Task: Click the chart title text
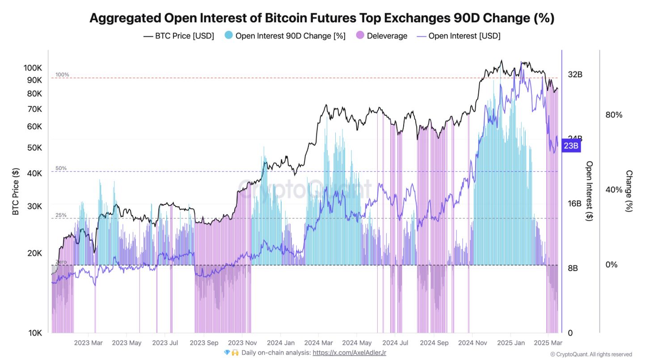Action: pyautogui.click(x=322, y=18)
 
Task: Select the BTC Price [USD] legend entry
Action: pyautogui.click(x=178, y=36)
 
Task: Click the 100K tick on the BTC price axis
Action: pyautogui.click(x=33, y=68)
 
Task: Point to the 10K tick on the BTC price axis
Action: pyautogui.click(x=34, y=333)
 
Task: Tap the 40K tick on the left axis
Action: pyautogui.click(x=34, y=174)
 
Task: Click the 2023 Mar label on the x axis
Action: pyautogui.click(x=89, y=343)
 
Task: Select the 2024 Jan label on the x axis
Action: pyautogui.click(x=280, y=343)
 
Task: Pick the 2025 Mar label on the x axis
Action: pyautogui.click(x=548, y=343)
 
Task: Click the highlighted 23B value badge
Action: pyautogui.click(x=571, y=146)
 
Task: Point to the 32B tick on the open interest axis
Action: pyautogui.click(x=575, y=75)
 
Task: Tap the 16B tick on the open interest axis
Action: pyautogui.click(x=575, y=203)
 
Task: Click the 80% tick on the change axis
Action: pyautogui.click(x=614, y=115)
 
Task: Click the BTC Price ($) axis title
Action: pyautogui.click(x=16, y=192)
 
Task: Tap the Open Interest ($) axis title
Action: pyautogui.click(x=590, y=191)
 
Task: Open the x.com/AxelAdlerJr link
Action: pyautogui.click(x=349, y=352)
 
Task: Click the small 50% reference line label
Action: pyautogui.click(x=61, y=168)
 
